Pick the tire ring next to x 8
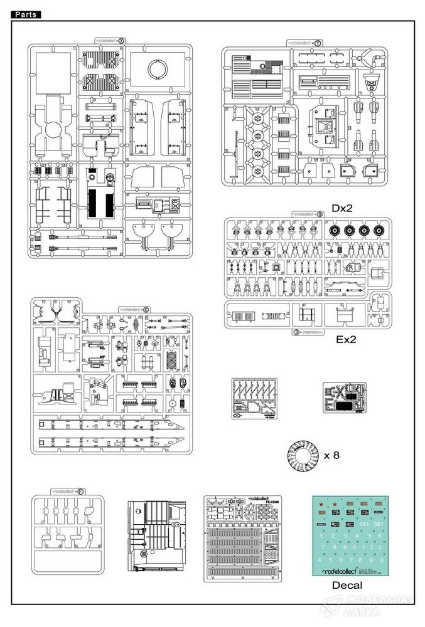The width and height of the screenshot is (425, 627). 301,456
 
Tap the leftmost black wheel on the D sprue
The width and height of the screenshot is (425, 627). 336,231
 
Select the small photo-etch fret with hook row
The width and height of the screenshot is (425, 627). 256,399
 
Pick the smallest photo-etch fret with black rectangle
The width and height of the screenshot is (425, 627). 343,399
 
